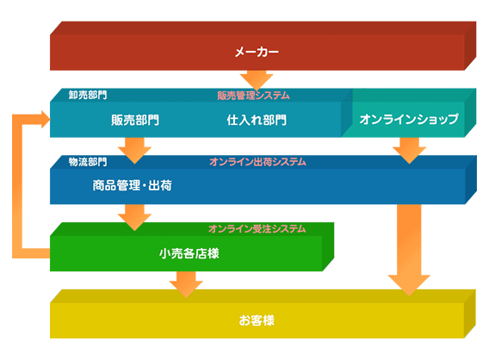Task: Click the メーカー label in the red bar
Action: coord(257,52)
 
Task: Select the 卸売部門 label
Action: coord(88,95)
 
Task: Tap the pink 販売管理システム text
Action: coord(254,96)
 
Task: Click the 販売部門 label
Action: coord(135,120)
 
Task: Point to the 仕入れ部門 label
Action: coord(257,120)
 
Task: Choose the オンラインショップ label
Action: coord(409,119)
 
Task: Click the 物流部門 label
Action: coord(88,162)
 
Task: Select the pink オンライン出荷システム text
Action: coord(257,162)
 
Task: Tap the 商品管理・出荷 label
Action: coord(133,185)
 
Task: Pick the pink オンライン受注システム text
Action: coord(257,229)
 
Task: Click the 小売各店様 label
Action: coord(189,253)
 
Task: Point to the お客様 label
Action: coord(257,320)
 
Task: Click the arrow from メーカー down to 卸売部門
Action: coord(257,80)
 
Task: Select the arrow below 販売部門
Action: coord(134,151)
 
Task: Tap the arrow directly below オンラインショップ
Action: coord(409,151)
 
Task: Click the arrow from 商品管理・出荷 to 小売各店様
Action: coord(134,218)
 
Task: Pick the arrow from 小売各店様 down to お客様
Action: coord(186,284)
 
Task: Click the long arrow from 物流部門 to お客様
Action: coord(409,250)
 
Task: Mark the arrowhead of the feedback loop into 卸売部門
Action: coord(46,119)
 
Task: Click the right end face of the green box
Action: coord(328,246)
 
